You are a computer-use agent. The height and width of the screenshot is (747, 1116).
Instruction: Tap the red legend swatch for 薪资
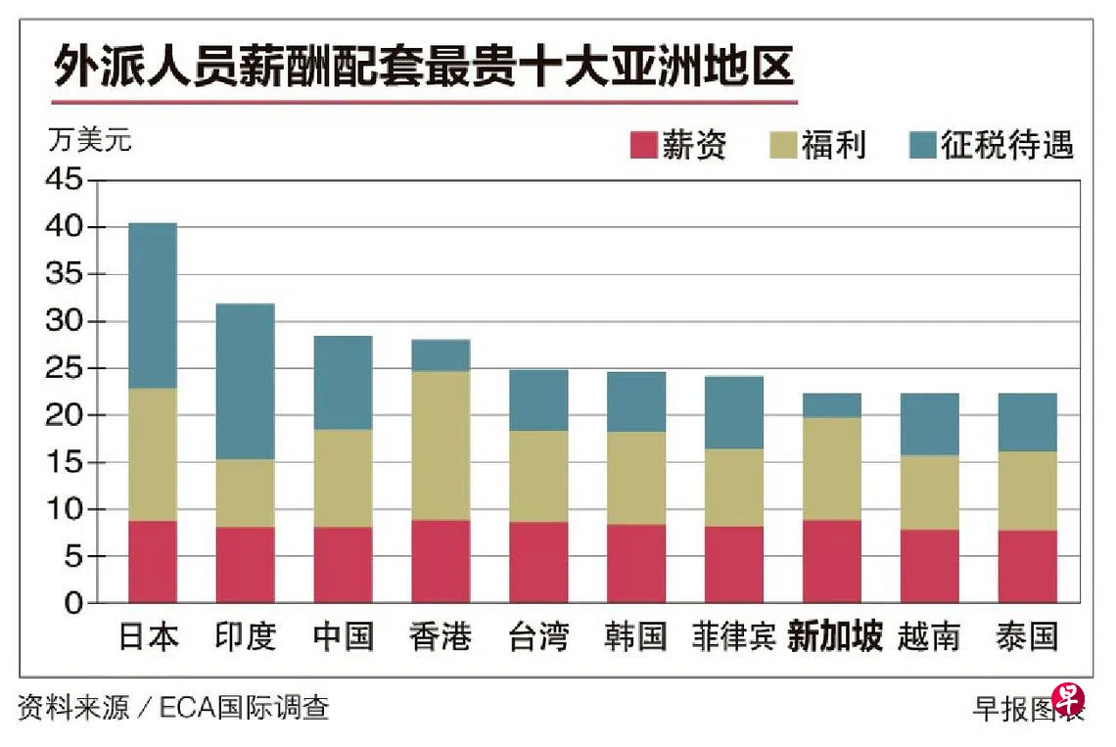point(643,145)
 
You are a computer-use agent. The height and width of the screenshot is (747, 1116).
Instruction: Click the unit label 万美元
point(89,140)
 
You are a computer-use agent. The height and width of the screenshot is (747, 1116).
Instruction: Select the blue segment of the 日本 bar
point(153,305)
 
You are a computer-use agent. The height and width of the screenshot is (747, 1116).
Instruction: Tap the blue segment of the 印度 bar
point(245,382)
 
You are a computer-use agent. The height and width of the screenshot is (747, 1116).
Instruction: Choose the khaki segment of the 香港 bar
point(441,444)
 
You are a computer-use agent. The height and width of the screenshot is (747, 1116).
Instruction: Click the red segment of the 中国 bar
point(343,565)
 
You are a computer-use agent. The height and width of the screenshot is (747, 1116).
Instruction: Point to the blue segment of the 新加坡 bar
point(832,405)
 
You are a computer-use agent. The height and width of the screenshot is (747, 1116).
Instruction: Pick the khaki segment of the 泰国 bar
point(1027,490)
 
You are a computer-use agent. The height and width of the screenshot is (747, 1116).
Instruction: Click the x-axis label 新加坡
point(834,637)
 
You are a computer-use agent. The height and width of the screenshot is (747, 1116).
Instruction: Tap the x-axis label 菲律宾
point(733,637)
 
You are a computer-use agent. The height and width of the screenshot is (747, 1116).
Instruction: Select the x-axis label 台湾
point(538,637)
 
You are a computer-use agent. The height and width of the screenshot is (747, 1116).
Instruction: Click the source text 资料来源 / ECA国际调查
point(173,707)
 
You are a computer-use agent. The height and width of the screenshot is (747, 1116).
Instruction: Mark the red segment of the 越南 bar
point(929,566)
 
